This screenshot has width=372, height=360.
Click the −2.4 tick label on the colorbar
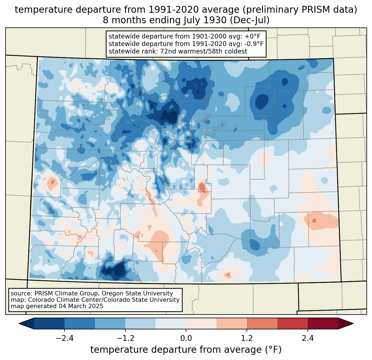[64, 338]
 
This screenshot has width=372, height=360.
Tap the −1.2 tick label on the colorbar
[125, 338]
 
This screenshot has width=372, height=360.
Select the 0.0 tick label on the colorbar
[186, 338]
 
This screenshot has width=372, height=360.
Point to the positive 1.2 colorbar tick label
[247, 338]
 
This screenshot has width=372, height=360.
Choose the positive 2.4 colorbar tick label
[308, 338]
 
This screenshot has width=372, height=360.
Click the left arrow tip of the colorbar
[19, 324]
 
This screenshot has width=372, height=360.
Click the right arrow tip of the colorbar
[353, 324]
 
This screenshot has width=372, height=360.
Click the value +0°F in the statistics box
[253, 36]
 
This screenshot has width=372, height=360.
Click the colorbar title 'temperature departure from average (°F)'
[186, 350]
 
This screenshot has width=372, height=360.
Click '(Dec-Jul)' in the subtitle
[249, 20]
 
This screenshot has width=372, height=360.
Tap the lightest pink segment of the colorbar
[201, 324]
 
